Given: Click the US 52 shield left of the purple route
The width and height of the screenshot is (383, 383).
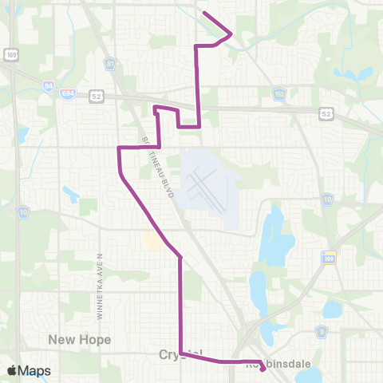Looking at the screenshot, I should pos(97,96).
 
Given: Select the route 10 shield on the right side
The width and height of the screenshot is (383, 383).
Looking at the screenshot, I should pos(328,198).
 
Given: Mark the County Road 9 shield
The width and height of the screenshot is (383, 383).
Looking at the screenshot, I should pos(322,330).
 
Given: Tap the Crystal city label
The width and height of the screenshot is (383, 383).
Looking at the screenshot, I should pos(180,353).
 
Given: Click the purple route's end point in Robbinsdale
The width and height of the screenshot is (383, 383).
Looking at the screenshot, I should pos(263,369).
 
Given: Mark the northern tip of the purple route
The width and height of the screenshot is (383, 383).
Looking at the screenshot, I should pos(205,13).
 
